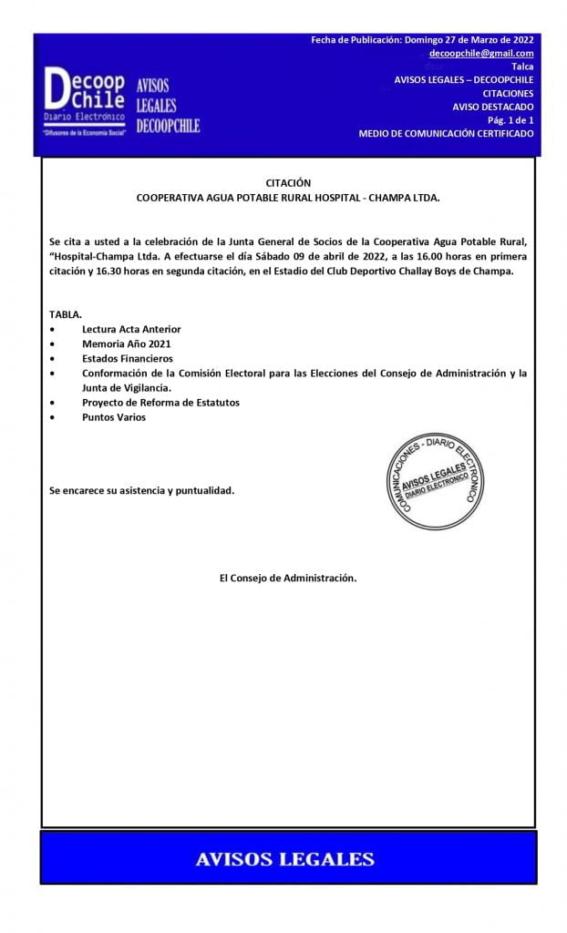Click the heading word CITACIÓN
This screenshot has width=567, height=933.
[x=288, y=182]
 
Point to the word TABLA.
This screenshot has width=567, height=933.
[x=66, y=313]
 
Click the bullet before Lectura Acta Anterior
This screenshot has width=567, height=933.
[x=54, y=328]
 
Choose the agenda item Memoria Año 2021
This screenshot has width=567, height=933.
[x=126, y=343]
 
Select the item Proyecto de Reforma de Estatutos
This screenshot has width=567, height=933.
[x=160, y=403]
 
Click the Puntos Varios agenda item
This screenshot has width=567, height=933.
[x=113, y=417]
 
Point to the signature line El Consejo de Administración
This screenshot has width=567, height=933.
[x=288, y=578]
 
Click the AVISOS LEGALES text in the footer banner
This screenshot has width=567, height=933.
[x=285, y=858]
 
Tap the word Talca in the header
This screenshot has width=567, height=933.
[x=522, y=67]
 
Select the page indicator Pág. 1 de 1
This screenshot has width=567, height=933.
[x=510, y=120]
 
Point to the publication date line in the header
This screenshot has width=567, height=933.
[x=422, y=40]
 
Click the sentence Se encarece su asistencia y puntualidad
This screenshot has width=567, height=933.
[x=141, y=491]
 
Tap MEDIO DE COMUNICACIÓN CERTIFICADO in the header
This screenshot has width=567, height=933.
[x=446, y=134]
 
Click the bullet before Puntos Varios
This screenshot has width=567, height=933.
[x=54, y=417]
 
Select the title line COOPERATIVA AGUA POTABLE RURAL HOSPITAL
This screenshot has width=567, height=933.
[x=288, y=197]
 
